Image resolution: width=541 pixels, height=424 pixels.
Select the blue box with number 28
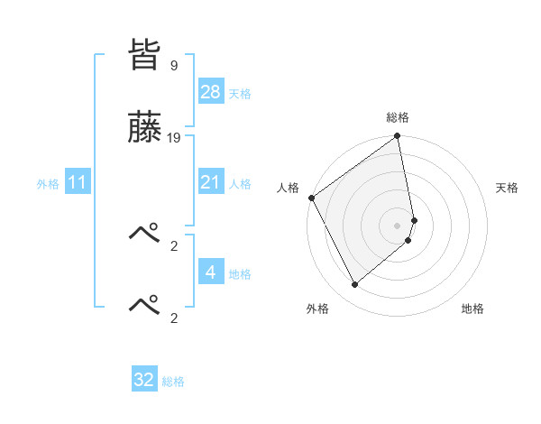[x=210, y=92]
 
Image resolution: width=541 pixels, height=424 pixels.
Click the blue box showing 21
[x=210, y=182]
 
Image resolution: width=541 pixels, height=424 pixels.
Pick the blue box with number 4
[x=210, y=272]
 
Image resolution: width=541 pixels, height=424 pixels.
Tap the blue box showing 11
[x=78, y=182]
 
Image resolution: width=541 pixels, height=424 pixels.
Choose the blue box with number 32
[x=144, y=380]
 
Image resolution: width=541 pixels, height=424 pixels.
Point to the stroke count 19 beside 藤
[x=174, y=138]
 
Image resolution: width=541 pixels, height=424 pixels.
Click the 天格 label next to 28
[x=240, y=93]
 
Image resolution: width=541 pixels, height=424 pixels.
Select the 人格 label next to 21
[x=240, y=183]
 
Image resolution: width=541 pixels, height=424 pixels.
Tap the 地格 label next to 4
[x=240, y=273]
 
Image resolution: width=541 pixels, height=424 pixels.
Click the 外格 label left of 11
[x=48, y=183]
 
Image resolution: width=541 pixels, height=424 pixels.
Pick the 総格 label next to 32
[x=173, y=382]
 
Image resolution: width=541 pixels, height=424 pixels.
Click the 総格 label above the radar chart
[x=398, y=117]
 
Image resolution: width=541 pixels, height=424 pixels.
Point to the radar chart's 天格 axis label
[x=508, y=188]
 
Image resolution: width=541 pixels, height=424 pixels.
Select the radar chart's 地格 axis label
[x=472, y=309]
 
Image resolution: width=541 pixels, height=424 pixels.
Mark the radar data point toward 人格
[x=311, y=198]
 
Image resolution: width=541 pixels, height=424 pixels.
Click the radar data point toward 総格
[x=398, y=137]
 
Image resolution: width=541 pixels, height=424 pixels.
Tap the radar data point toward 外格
[x=355, y=285]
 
